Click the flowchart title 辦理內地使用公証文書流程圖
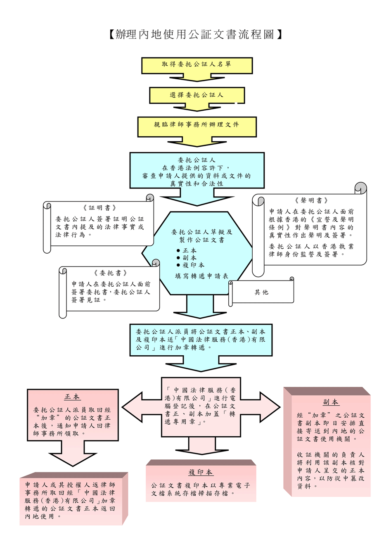click(196, 34)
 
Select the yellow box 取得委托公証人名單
click(197, 64)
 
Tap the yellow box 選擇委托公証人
click(197, 95)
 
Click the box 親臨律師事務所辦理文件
click(197, 124)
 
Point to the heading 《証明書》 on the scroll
click(100, 208)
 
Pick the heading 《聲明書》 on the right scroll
click(311, 200)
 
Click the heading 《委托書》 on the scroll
click(110, 273)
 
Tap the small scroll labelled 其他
click(261, 292)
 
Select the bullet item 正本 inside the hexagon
click(190, 250)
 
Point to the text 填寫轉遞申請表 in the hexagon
click(201, 276)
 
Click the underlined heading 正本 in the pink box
click(72, 397)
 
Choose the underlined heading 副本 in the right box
click(331, 402)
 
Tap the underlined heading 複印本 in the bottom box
click(201, 472)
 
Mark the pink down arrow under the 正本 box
click(73, 454)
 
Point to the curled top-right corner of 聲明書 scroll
click(361, 188)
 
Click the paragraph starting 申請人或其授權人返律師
click(70, 500)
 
